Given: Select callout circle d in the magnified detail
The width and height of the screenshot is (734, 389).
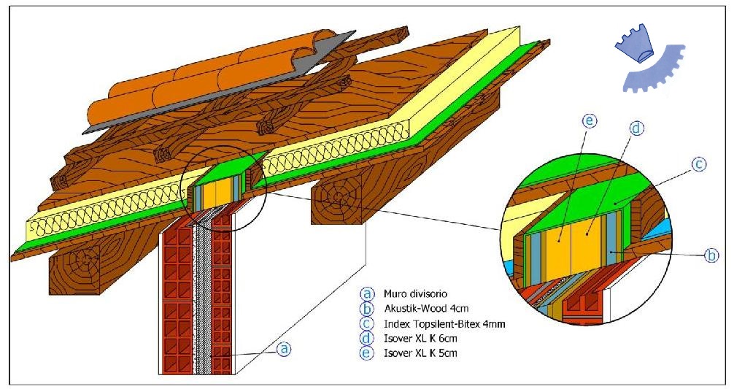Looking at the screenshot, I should [636, 128].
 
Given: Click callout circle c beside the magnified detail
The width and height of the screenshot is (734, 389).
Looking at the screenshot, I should [698, 165].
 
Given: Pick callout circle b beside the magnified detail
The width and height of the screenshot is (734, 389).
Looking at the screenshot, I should [711, 255].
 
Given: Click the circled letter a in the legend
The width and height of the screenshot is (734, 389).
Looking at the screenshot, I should [366, 294].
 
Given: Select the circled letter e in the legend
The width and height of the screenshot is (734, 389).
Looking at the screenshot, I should [366, 353].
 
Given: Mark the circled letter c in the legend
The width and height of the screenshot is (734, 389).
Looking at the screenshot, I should [366, 323].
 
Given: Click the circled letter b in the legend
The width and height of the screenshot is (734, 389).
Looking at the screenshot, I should [366, 309].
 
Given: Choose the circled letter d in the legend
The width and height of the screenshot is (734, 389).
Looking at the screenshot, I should [366, 338].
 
